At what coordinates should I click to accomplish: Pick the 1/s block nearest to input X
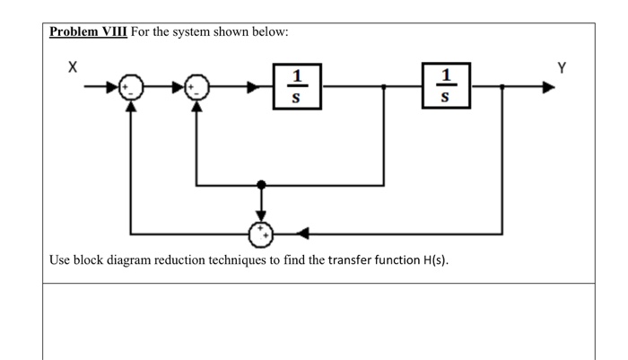coord(297,86)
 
